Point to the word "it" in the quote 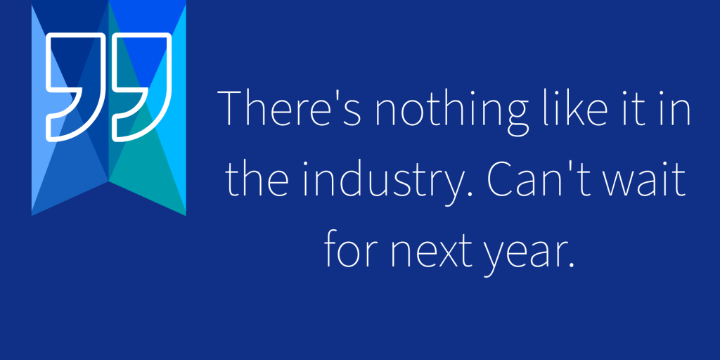point(634,110)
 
